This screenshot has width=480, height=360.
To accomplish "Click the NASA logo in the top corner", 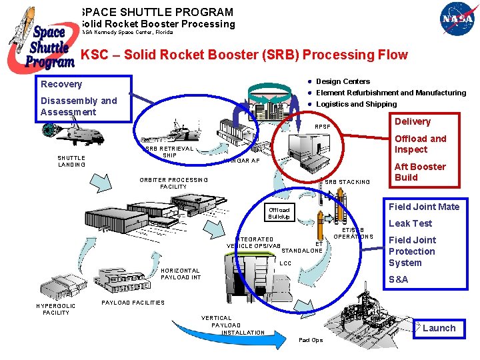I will click(x=457, y=21).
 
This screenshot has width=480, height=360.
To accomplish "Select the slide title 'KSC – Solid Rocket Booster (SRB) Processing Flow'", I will click(x=244, y=55).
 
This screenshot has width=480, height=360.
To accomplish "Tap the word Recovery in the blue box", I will click(x=61, y=84).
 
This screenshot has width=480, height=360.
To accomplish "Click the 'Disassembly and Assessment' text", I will click(x=78, y=106).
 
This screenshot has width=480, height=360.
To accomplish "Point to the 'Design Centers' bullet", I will click(x=343, y=81).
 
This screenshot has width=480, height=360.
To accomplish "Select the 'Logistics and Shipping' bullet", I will click(x=356, y=104).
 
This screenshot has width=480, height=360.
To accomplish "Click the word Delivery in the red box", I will click(x=413, y=121).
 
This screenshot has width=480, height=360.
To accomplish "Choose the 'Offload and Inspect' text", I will click(x=420, y=144).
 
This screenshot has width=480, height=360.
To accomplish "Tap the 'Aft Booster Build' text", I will click(x=420, y=172).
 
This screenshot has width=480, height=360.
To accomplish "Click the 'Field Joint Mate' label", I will click(x=424, y=207).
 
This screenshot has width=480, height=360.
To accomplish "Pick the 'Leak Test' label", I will click(x=410, y=223).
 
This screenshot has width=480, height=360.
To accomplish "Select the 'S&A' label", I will click(x=399, y=279).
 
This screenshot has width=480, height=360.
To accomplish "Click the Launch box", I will click(x=439, y=328).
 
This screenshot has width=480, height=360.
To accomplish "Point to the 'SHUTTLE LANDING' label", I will click(x=71, y=161).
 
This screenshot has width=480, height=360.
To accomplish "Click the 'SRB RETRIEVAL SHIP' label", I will click(x=169, y=152).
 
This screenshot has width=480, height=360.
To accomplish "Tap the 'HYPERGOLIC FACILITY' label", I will click(x=56, y=309).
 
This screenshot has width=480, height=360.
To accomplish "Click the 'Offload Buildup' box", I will click(x=279, y=213).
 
